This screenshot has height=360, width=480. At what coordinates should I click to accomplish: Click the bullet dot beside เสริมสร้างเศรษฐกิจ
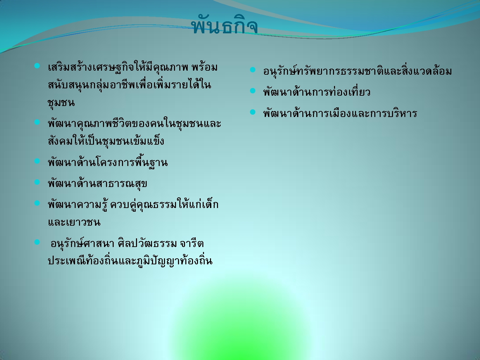coord(37,66)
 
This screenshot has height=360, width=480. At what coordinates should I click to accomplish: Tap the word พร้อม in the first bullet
coord(205,67)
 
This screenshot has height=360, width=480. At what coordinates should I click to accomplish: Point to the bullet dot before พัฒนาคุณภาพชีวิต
coord(37,122)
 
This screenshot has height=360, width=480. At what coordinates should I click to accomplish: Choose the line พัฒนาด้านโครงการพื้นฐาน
coord(108,162)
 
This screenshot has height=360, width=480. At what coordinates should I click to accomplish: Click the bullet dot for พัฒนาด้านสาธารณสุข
coord(37,182)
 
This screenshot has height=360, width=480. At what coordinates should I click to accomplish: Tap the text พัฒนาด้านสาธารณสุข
coord(98,184)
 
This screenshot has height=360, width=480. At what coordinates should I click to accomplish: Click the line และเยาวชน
coord(74,222)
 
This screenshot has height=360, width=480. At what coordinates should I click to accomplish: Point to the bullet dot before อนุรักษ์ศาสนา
coord(37,242)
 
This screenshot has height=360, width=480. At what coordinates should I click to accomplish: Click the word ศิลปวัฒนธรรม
coord(147,243)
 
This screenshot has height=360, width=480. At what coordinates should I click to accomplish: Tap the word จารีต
coord(192,243)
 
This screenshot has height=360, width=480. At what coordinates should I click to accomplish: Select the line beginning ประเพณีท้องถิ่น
coord(130,260)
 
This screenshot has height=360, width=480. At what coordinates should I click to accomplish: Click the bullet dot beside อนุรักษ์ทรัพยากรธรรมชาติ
coord(253,70)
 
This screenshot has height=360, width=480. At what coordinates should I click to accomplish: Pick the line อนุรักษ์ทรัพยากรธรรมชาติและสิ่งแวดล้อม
coord(357,70)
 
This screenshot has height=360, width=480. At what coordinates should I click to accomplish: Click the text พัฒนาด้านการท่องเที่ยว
coord(317,92)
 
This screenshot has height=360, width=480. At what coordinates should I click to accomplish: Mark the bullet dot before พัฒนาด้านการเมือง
coord(253,112)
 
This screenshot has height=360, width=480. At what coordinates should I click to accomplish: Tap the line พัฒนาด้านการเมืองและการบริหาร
coord(340,113)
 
